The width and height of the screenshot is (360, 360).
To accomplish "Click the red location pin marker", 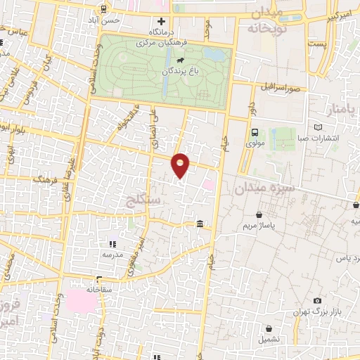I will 181,165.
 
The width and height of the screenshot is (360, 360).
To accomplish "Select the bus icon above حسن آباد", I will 104,9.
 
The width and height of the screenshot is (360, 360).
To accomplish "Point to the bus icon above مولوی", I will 255,131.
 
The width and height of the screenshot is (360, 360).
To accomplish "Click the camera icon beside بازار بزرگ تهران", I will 318,301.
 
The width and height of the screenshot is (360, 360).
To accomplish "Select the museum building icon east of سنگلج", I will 200,224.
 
